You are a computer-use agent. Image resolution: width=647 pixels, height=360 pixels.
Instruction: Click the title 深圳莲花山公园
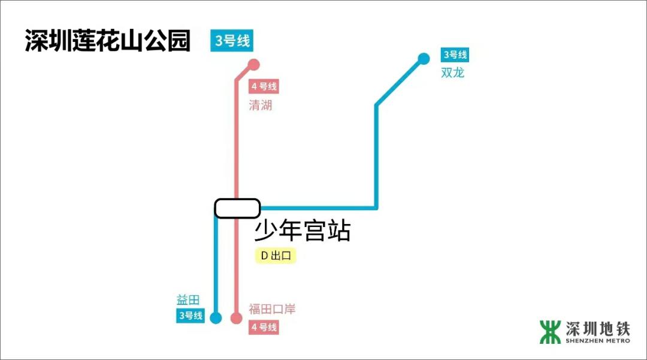[108, 40]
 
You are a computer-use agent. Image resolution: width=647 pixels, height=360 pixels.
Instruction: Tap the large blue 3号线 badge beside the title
[232, 41]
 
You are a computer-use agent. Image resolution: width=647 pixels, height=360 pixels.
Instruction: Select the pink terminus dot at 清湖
[253, 65]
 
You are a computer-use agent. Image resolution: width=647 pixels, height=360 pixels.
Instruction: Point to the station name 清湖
[261, 105]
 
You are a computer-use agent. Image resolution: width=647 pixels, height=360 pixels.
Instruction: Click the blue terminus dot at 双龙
[424, 59]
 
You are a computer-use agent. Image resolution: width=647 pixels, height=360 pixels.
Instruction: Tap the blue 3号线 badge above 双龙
[455, 55]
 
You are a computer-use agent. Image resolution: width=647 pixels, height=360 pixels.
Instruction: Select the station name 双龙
[453, 72]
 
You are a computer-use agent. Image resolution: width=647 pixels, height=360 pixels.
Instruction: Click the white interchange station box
[237, 208]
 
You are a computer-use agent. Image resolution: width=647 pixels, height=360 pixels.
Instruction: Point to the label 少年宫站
[303, 231]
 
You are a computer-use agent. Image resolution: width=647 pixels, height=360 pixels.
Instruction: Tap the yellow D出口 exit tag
[276, 256]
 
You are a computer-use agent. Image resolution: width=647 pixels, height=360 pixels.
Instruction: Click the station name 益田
[188, 300]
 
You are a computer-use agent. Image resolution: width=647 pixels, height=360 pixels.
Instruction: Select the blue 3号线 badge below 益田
[191, 316]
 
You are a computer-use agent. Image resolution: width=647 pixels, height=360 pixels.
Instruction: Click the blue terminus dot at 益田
[216, 318]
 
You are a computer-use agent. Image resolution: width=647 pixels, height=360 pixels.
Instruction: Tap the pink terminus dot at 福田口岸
[236, 318]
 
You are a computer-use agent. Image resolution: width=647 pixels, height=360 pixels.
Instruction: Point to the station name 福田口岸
[273, 309]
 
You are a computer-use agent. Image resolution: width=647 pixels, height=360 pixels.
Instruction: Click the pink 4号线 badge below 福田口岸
[264, 327]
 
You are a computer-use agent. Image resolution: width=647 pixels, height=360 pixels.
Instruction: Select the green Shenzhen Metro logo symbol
[550, 332]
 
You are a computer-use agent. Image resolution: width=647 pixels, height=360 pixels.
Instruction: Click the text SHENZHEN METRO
[598, 341]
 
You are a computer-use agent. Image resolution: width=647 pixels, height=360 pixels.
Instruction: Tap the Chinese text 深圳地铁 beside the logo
[598, 329]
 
